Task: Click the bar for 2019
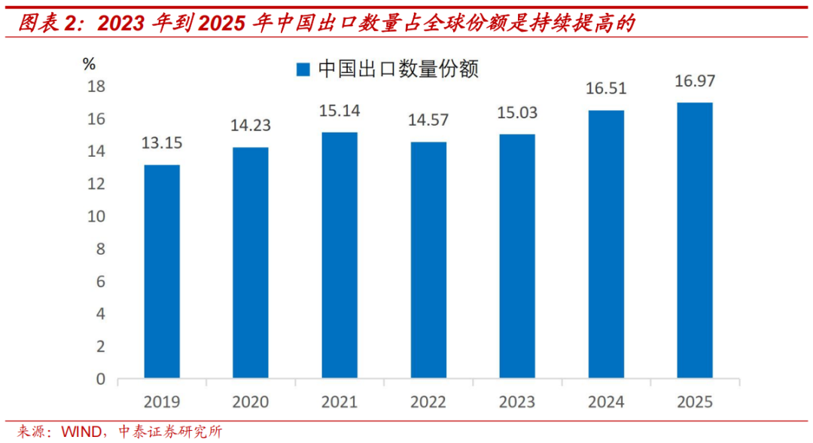coord(162,271)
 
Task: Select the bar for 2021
coord(340,255)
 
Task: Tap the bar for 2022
coord(428,259)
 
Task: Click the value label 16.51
coord(606,89)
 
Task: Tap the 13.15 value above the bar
coord(162,144)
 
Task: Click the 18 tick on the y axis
coord(96,87)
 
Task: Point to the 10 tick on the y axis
coord(96,217)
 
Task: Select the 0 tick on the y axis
coord(100,379)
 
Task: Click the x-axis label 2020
coord(251,402)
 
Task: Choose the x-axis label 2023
coord(517,402)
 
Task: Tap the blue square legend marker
coord(303,69)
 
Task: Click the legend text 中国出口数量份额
coord(399,69)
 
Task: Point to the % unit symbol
coord(89,63)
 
